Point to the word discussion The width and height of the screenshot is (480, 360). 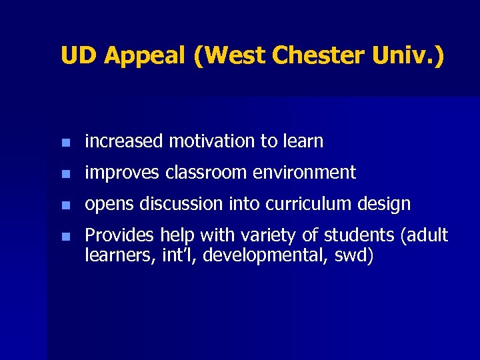176,204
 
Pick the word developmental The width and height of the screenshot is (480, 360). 267,255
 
